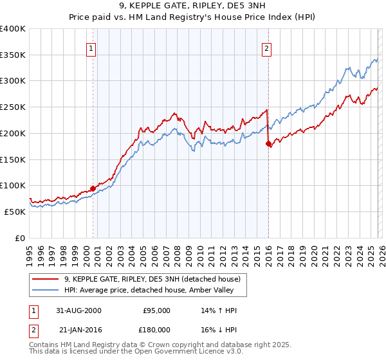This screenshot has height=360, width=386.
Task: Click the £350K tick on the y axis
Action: (x=13, y=55)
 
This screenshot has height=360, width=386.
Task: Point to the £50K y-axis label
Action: (x=15, y=212)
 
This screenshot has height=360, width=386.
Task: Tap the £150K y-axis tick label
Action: (x=13, y=159)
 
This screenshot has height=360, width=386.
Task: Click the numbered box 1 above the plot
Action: (x=91, y=48)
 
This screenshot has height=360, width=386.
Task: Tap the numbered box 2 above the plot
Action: (x=266, y=48)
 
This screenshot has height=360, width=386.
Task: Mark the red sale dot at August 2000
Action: (x=93, y=188)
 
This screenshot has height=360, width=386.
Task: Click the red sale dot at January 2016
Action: (x=268, y=144)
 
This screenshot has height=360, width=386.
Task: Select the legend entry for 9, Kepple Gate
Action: (x=152, y=279)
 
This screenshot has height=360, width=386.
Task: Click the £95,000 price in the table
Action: (x=156, y=310)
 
